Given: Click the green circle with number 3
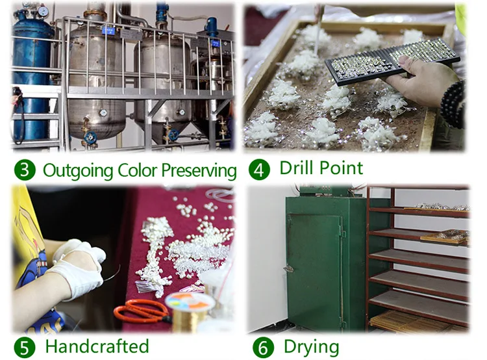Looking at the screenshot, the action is [25, 170].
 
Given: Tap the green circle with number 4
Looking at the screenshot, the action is [259, 170].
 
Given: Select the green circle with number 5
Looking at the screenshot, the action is [25, 347].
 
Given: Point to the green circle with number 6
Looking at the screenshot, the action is [264, 348].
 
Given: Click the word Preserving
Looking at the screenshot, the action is [199, 171].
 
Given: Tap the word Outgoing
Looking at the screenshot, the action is [78, 171].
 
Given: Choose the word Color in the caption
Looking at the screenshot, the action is [138, 170].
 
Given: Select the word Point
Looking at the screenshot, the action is [342, 168].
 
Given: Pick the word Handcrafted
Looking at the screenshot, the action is [97, 346].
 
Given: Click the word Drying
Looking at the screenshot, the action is [312, 348].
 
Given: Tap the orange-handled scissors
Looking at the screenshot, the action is [142, 310].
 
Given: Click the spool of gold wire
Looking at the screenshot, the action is [190, 311].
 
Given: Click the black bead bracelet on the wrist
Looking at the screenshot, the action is [453, 104].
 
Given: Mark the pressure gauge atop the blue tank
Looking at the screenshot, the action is [43, 11].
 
